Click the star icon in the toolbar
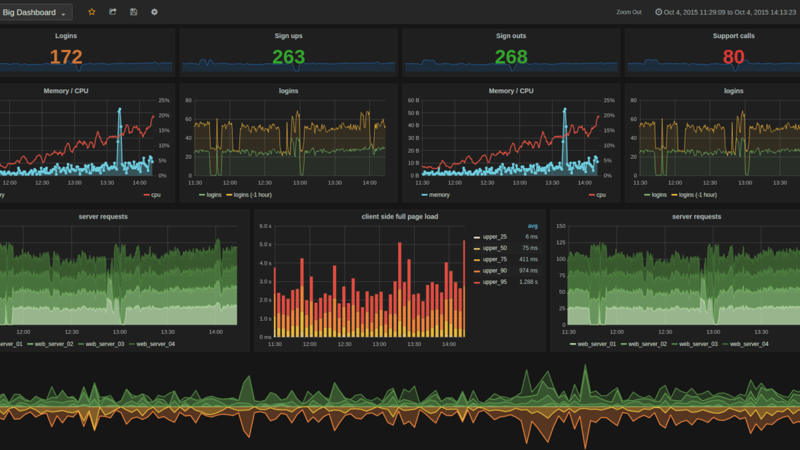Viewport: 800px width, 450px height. pyautogui.click(x=92, y=12)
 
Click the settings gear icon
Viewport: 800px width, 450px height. pyautogui.click(x=155, y=12)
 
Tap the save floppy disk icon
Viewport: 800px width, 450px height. pyautogui.click(x=133, y=12)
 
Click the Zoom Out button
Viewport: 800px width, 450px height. pyautogui.click(x=629, y=12)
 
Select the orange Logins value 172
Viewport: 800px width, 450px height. pyautogui.click(x=66, y=57)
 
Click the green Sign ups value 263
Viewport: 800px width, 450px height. pyautogui.click(x=288, y=57)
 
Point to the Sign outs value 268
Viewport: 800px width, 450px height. pyautogui.click(x=511, y=57)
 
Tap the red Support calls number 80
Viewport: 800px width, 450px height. pyautogui.click(x=733, y=57)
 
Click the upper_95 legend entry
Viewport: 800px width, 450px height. pyautogui.click(x=494, y=282)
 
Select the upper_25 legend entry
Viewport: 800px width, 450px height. pyautogui.click(x=494, y=237)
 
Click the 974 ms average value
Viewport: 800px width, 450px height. pyautogui.click(x=528, y=271)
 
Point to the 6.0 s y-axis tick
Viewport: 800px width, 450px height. pyautogui.click(x=265, y=226)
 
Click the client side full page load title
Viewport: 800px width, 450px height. pyautogui.click(x=399, y=217)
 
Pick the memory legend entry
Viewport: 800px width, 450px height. pyautogui.click(x=439, y=195)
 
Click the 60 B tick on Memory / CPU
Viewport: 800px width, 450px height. pyautogui.click(x=413, y=101)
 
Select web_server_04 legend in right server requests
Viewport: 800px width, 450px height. pyautogui.click(x=749, y=344)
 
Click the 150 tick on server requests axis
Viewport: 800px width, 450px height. pyautogui.click(x=560, y=226)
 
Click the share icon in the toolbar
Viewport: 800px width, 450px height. pyautogui.click(x=113, y=12)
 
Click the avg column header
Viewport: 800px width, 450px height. pyautogui.click(x=532, y=226)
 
